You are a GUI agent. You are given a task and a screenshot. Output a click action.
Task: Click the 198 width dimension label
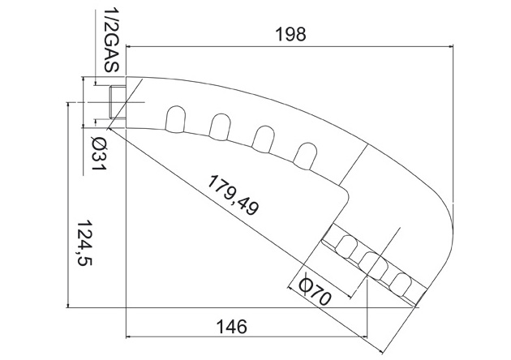tap(290, 34)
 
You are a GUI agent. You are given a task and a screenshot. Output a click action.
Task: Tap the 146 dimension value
tap(232, 327)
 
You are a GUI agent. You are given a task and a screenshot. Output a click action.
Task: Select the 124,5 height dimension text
tap(84, 243)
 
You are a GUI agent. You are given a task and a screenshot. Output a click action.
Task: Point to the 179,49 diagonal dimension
tap(234, 195)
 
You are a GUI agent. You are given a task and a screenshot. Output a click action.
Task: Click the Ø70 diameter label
tap(316, 291)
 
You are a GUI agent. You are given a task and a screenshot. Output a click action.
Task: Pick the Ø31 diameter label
tap(99, 153)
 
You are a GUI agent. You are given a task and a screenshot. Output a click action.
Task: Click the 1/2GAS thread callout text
tap(111, 41)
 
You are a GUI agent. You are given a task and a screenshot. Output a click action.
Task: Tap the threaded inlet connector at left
tap(117, 102)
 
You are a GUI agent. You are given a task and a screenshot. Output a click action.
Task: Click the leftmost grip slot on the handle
tap(176, 119)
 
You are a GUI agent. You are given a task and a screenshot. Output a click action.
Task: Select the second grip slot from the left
tap(220, 127)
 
